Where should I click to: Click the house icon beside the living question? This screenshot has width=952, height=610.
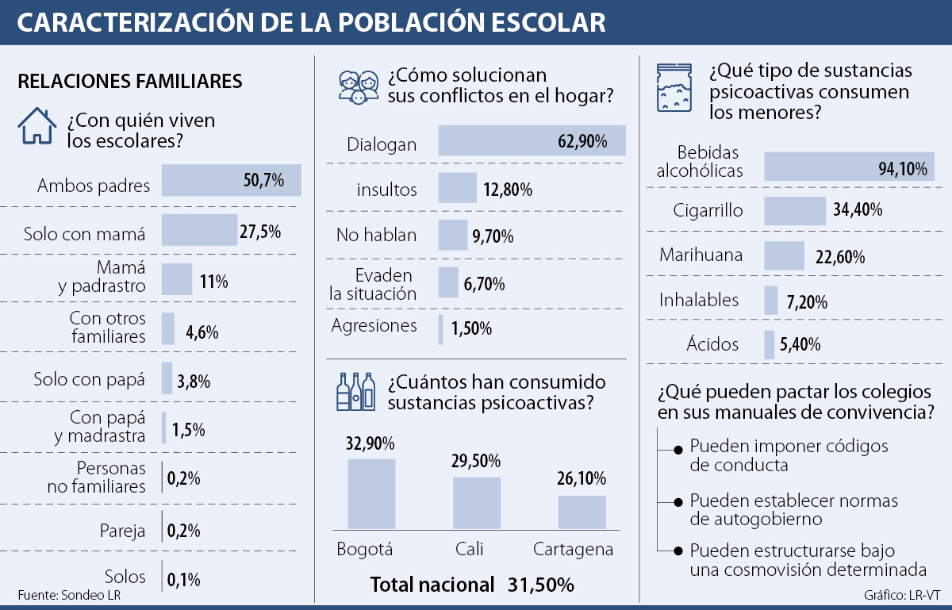[x=37, y=125]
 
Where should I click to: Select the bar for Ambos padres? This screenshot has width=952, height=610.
[x=231, y=180]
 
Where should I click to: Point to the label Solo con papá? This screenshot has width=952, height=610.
[x=90, y=379]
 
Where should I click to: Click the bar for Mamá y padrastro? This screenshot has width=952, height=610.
[x=177, y=279]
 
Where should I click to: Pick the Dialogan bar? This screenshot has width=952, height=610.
[x=532, y=141]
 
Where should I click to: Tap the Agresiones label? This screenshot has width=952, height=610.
[x=374, y=325]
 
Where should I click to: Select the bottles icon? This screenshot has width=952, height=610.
[x=356, y=391]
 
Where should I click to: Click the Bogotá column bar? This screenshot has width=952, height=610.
[x=371, y=493]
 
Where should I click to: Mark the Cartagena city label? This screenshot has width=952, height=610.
[x=573, y=550]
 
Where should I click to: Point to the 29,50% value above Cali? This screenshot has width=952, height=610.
[x=476, y=462]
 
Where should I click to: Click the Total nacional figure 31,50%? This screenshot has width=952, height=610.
[x=540, y=585]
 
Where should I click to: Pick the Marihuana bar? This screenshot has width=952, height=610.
[x=784, y=255]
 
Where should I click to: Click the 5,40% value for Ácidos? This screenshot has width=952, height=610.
[x=800, y=345]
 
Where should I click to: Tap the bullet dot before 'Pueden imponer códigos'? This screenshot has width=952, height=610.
[x=678, y=450]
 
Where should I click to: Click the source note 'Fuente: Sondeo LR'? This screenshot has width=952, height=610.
[x=70, y=595]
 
